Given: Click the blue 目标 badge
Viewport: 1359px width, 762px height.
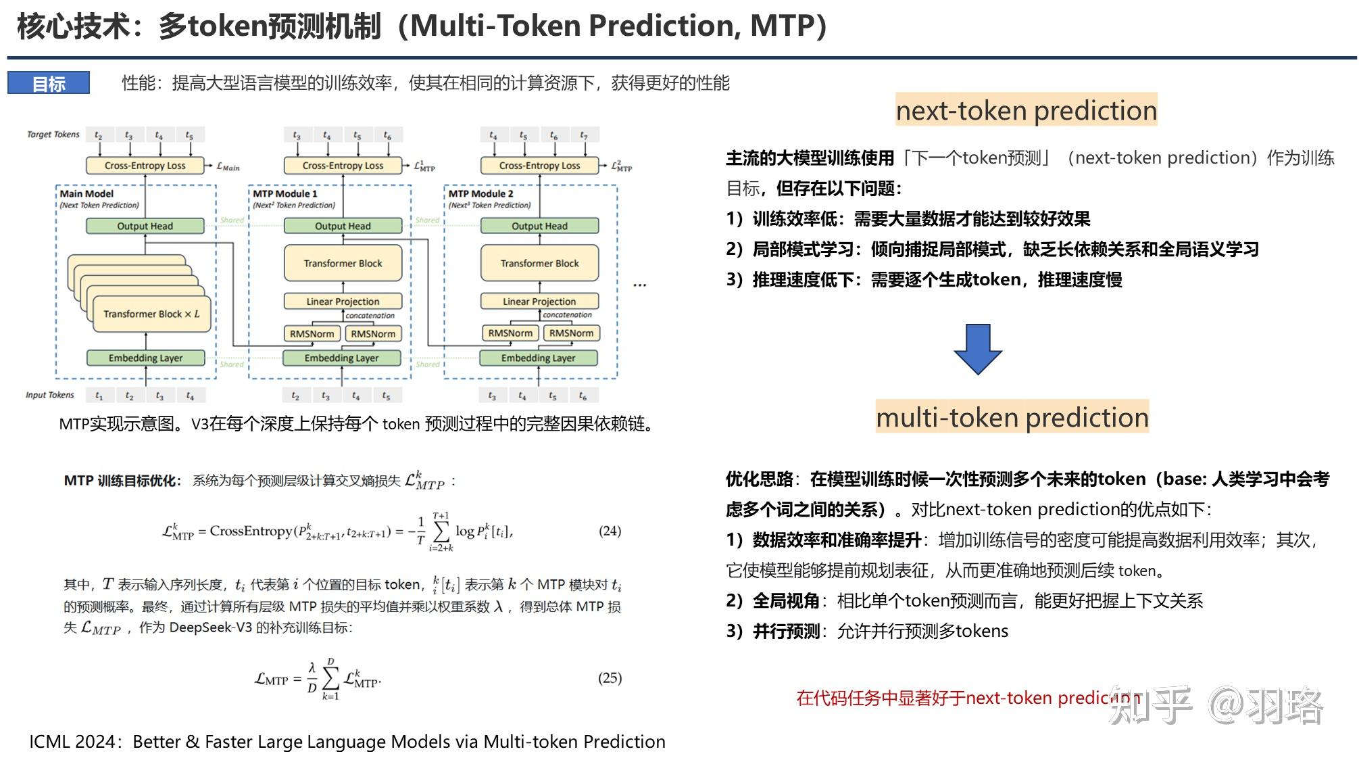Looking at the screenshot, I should click(x=49, y=83).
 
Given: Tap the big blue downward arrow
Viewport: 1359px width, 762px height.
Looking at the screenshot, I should click(x=977, y=349).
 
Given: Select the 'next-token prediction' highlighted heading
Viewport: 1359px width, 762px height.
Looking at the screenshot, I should click(x=1026, y=110).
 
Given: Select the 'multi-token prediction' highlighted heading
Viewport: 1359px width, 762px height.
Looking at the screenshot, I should click(x=1012, y=417).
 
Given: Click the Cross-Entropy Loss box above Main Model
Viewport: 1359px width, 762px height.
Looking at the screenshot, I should click(x=145, y=166).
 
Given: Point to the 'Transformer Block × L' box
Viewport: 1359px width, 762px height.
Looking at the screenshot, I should click(x=151, y=314).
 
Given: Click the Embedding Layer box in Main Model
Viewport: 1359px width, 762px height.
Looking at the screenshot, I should click(x=145, y=358).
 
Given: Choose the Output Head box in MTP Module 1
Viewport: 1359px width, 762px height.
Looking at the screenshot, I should click(x=343, y=226).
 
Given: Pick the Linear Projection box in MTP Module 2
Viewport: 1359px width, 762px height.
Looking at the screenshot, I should click(x=539, y=301).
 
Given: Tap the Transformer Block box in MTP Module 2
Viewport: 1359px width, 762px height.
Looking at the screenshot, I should click(x=539, y=263).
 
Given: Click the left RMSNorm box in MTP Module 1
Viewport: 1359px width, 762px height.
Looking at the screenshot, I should click(x=312, y=333).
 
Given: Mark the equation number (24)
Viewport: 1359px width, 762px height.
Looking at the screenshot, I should click(x=610, y=531).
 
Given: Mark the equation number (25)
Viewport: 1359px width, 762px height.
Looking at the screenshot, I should click(x=610, y=677).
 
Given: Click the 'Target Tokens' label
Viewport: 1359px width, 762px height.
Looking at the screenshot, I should click(x=53, y=135).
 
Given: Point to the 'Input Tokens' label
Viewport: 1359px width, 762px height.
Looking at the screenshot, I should click(x=50, y=395).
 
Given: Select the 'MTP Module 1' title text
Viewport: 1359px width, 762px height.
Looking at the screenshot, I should click(x=285, y=193).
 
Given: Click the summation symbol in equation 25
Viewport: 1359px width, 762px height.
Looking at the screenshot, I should click(x=330, y=677).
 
